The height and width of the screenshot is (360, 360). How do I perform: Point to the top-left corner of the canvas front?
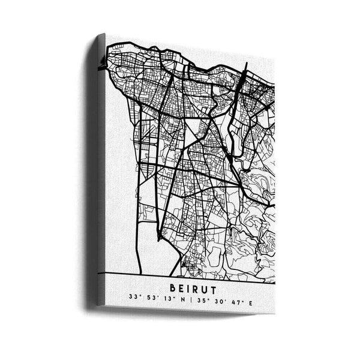pos(106,35)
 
